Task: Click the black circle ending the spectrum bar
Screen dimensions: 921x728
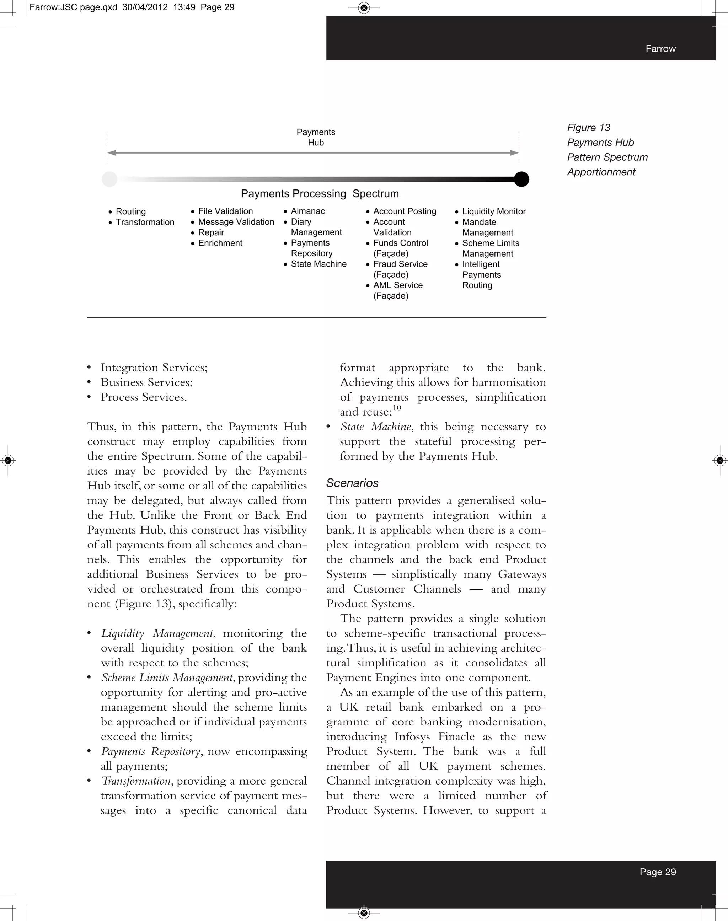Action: pos(521,179)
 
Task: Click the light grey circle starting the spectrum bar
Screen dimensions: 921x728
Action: pos(109,179)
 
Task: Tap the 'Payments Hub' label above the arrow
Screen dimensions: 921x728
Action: pos(316,137)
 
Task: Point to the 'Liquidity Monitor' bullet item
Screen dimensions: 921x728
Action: pos(494,211)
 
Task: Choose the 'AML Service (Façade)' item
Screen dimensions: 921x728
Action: pos(397,290)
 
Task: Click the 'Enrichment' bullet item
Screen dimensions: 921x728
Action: pos(220,243)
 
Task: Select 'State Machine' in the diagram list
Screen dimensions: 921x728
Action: pos(318,264)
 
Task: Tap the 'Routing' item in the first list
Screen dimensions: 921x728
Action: pos(130,211)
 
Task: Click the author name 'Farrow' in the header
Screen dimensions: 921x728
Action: pos(660,49)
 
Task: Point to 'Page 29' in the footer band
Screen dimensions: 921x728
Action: pos(657,872)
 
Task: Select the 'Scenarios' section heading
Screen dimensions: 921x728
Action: pos(352,483)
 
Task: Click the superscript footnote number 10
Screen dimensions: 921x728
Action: pos(397,408)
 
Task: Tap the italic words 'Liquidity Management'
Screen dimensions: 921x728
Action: pos(157,633)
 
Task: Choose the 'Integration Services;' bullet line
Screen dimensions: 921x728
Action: pos(154,368)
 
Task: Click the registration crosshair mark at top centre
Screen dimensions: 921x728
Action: pos(364,8)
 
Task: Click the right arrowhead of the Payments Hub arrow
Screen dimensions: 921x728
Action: pos(514,152)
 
